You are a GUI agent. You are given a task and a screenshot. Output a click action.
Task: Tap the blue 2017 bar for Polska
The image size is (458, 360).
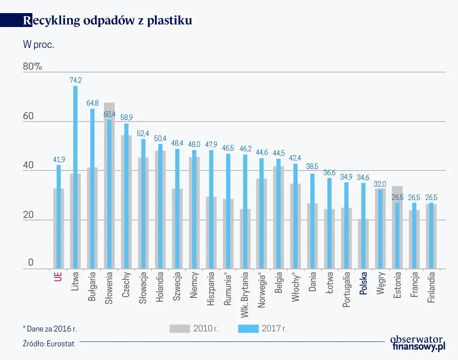pyautogui.click(x=363, y=225)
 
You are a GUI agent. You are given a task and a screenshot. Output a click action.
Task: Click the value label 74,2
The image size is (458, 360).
pyautogui.click(x=76, y=80)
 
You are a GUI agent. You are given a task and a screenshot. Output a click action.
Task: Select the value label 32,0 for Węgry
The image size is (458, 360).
pyautogui.click(x=380, y=184)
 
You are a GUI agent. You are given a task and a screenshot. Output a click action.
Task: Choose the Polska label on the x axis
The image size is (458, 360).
pyautogui.click(x=363, y=284)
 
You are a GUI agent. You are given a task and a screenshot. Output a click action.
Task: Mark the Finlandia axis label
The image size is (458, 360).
pyautogui.click(x=431, y=288)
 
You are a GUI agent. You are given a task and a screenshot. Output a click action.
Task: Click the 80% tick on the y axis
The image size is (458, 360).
pyautogui.click(x=33, y=67)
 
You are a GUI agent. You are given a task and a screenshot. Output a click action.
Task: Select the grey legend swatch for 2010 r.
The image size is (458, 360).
pyautogui.click(x=180, y=328)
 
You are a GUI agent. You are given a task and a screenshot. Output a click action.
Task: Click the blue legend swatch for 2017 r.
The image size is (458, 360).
pyautogui.click(x=248, y=328)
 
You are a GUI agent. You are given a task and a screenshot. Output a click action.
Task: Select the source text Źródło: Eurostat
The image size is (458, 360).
pyautogui.click(x=49, y=344)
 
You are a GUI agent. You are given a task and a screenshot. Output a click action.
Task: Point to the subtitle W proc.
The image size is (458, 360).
pyautogui.click(x=38, y=45)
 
